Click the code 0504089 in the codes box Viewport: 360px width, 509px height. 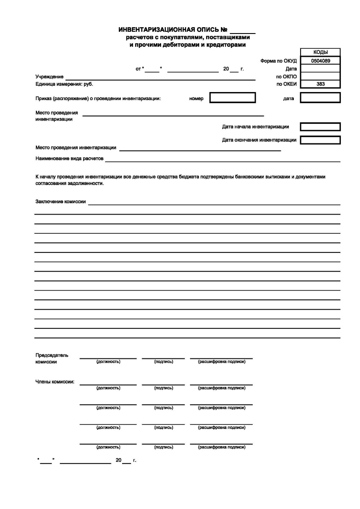[x=320, y=61]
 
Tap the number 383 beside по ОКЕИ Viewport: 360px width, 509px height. [x=320, y=84]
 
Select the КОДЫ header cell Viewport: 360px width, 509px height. [x=320, y=52]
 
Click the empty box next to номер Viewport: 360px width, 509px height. [x=232, y=98]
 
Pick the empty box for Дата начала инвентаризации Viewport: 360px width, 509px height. [x=320, y=127]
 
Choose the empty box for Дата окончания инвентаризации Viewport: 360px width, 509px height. [x=320, y=140]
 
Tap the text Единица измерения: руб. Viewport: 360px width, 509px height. [x=64, y=84]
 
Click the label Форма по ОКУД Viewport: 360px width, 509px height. [x=279, y=61]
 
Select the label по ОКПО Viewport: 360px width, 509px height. [x=286, y=76]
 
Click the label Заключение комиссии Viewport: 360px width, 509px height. [x=60, y=202]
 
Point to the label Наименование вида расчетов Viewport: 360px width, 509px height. [x=69, y=158]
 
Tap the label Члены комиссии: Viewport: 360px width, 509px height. [x=55, y=381]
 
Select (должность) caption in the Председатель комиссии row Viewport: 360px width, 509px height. [x=108, y=362]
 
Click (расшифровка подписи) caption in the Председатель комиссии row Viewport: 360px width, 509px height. [x=221, y=362]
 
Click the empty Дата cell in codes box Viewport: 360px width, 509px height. [x=320, y=68]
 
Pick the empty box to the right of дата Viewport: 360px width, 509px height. [x=320, y=98]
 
